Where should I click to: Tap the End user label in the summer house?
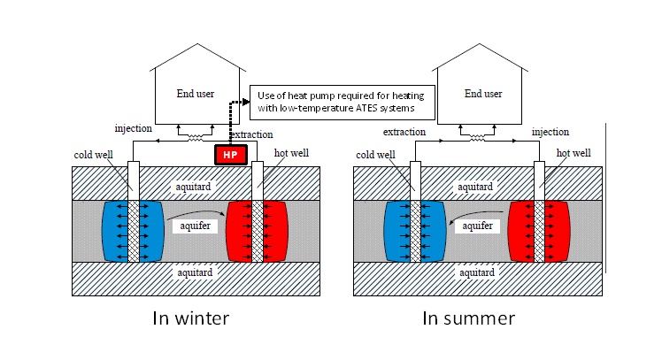(x=483, y=93)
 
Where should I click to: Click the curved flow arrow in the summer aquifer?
(x=459, y=218)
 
